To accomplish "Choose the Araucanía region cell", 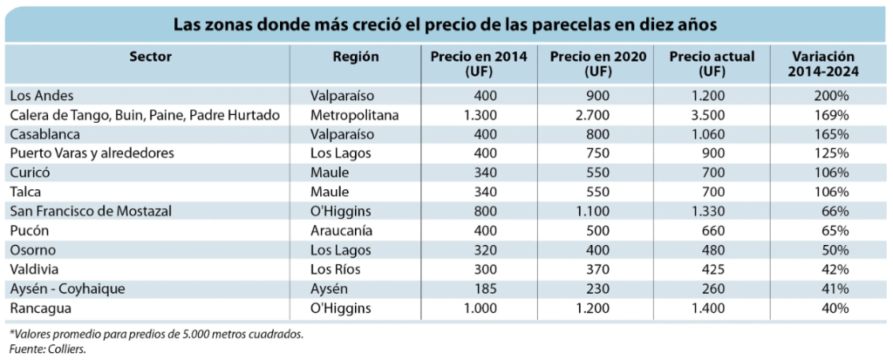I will tap(344, 230).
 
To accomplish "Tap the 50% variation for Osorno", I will tap(828, 250).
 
